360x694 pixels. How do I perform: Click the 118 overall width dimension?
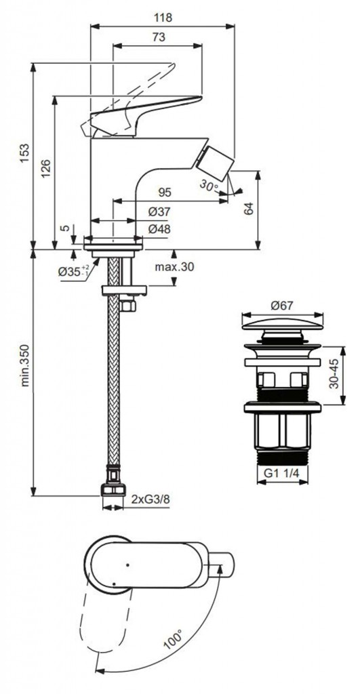pyautogui.click(x=163, y=17)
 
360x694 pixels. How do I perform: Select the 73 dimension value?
pyautogui.click(x=159, y=37)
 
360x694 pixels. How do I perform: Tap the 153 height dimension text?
pyautogui.click(x=25, y=152)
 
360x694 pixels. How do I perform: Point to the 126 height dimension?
pyautogui.click(x=47, y=168)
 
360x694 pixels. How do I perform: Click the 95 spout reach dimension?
pyautogui.click(x=164, y=192)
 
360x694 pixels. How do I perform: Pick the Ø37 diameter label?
pyautogui.click(x=159, y=212)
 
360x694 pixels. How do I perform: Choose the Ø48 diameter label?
pyautogui.click(x=159, y=229)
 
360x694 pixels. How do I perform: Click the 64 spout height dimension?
pyautogui.click(x=249, y=209)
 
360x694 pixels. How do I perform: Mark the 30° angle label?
pyautogui.click(x=209, y=185)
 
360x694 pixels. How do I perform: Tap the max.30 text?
pyautogui.click(x=174, y=266)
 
